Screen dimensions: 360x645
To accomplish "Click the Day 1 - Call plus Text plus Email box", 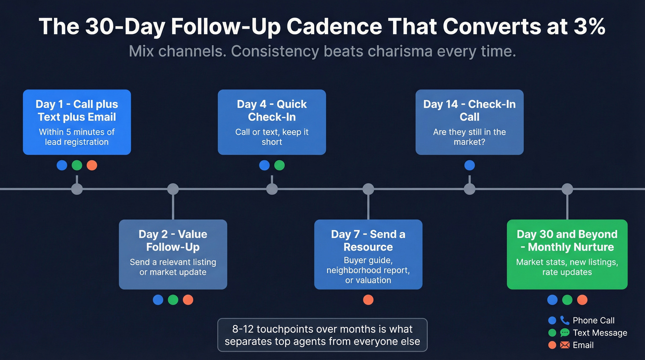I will [x=77, y=122].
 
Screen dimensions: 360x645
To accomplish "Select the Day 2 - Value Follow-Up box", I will [x=173, y=254].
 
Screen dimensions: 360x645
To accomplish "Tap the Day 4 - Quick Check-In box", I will [x=272, y=122].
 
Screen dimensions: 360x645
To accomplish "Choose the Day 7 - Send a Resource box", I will [x=368, y=254].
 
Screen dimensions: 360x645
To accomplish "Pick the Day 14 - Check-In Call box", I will [x=469, y=122].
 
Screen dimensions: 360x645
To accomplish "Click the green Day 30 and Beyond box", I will [x=567, y=254].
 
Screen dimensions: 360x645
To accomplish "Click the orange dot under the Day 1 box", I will [x=92, y=165].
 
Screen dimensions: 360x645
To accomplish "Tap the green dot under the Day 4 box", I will [x=280, y=165].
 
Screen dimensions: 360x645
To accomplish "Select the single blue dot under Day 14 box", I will [x=469, y=165].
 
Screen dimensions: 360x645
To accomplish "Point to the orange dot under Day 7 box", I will [x=368, y=300].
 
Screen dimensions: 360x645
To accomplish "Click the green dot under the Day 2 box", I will [x=173, y=300].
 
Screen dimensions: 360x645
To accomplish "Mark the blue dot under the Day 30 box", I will [x=552, y=300].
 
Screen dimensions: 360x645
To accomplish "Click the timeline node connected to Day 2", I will [x=173, y=189].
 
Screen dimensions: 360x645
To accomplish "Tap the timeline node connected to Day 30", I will [x=567, y=189].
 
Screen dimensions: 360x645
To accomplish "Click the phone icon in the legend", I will [x=565, y=320].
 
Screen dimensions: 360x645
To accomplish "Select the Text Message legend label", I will [x=600, y=333].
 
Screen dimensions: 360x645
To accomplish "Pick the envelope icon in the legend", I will [x=565, y=345].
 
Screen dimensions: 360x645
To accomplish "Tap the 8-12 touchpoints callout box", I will [x=322, y=335].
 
